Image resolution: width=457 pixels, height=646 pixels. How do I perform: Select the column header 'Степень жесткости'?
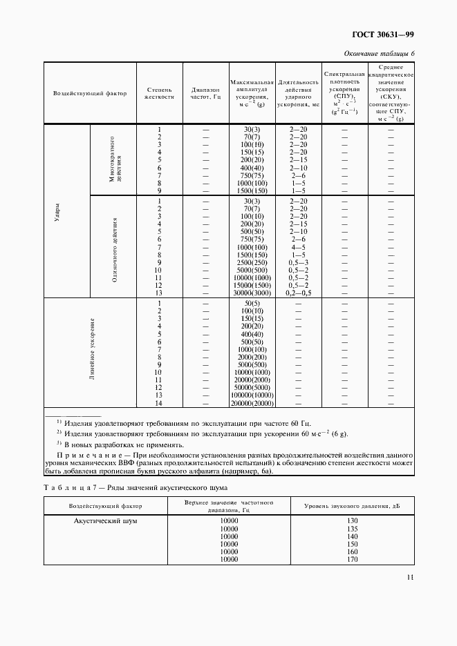pos(159,93)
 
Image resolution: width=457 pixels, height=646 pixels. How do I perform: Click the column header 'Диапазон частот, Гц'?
pos(205,93)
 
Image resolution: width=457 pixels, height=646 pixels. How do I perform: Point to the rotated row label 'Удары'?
pos(57,210)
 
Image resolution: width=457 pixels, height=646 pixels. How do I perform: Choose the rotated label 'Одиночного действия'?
pos(115,247)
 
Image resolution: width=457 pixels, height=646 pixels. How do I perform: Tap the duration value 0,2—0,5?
pos(298,293)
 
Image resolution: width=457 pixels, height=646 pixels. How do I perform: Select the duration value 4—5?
pos(298,247)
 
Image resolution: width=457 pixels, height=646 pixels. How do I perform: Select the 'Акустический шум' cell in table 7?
pos(105,521)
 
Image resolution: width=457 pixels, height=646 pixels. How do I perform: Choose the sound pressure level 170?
pos(352,560)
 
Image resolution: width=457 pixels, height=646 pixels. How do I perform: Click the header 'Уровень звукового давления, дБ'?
pos(352,507)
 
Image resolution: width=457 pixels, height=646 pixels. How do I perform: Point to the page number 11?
pos(410,578)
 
